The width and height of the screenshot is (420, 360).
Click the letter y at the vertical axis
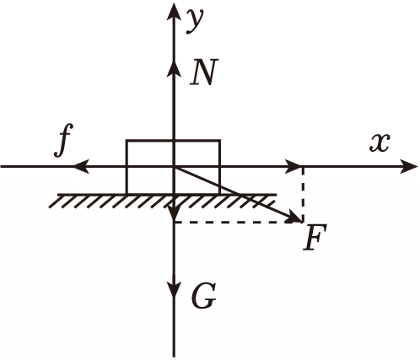pyautogui.click(x=195, y=21)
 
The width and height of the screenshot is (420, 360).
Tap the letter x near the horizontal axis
pyautogui.click(x=380, y=142)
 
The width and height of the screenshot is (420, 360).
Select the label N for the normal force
pyautogui.click(x=204, y=72)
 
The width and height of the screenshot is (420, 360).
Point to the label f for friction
pyautogui.click(x=63, y=140)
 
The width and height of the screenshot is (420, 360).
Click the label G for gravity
pyautogui.click(x=203, y=296)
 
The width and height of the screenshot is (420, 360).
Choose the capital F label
pyautogui.click(x=315, y=237)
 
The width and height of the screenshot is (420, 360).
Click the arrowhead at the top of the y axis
pyautogui.click(x=174, y=13)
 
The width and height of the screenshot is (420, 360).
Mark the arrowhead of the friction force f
pyautogui.click(x=82, y=167)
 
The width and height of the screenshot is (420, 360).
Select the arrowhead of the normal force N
pyautogui.click(x=174, y=69)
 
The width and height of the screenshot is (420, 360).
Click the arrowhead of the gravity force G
pyautogui.click(x=174, y=289)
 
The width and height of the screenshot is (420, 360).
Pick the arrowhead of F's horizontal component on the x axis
pyautogui.click(x=293, y=166)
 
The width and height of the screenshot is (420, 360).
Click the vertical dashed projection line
pyautogui.click(x=303, y=195)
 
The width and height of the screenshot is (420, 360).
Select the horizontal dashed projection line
pyautogui.click(x=239, y=222)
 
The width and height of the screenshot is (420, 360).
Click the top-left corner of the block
pyautogui.click(x=127, y=141)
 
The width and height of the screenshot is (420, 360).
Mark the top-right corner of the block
pyautogui.click(x=219, y=141)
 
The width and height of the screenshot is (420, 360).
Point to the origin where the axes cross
pyautogui.click(x=174, y=167)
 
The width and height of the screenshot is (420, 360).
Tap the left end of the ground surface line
pyautogui.click(x=58, y=194)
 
